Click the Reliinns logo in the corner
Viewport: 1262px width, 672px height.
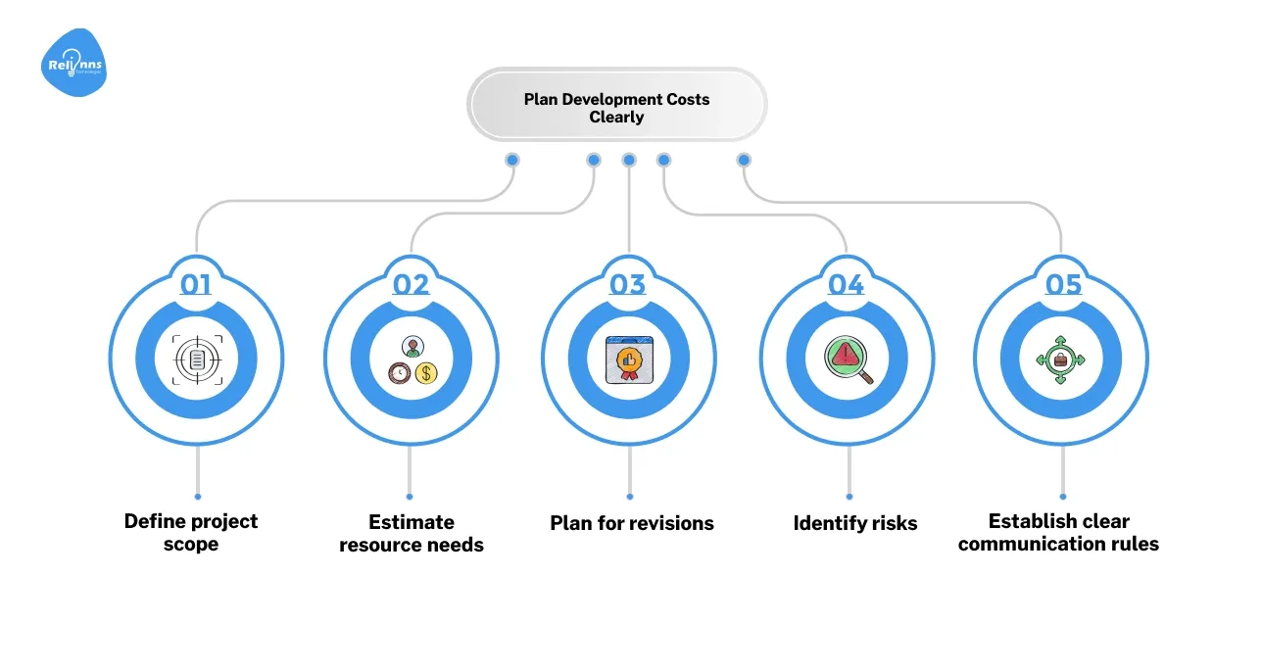[x=74, y=64]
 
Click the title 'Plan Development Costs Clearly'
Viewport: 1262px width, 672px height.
[x=616, y=108]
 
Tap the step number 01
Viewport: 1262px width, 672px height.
[x=196, y=284]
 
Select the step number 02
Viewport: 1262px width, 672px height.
[x=412, y=284]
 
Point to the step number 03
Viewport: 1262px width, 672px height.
[x=628, y=284]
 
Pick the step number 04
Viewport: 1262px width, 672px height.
[x=846, y=284]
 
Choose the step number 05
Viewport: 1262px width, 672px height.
[x=1063, y=284]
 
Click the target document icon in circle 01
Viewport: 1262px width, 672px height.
[x=197, y=360]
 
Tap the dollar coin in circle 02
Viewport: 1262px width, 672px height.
[x=426, y=372]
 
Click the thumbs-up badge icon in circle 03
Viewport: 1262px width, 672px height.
[x=628, y=360]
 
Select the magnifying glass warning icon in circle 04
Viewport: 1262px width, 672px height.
[x=847, y=360]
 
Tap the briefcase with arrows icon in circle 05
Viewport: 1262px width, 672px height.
[x=1060, y=360]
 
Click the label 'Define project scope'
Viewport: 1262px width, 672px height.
[x=191, y=532]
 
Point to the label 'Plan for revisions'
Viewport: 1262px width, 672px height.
[x=632, y=523]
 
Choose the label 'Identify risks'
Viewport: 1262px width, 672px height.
[x=855, y=523]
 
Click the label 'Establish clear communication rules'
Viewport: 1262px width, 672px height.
[x=1058, y=532]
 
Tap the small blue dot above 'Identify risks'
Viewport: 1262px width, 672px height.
[x=849, y=497]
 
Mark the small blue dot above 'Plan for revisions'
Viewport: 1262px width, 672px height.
[x=630, y=497]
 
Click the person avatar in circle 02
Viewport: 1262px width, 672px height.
[x=413, y=348]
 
